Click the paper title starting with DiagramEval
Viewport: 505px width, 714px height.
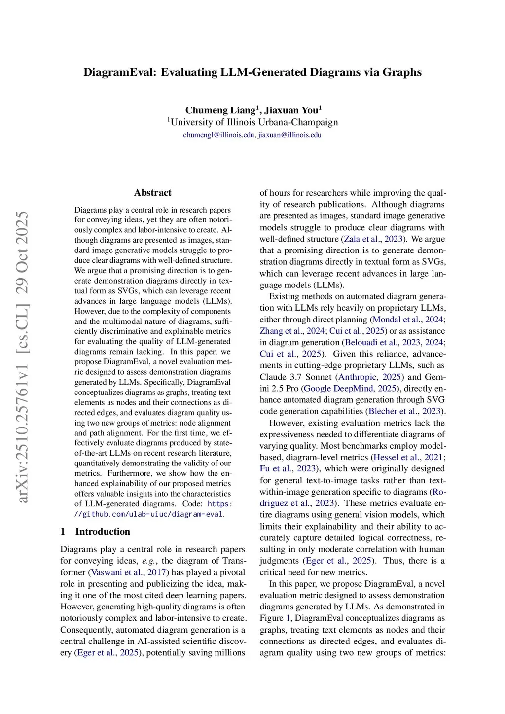[252, 72]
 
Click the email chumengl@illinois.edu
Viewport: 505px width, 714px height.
[218, 135]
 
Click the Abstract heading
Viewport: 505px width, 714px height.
[153, 193]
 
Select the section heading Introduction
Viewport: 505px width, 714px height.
[103, 531]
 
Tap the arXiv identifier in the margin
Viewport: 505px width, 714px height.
[23, 357]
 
